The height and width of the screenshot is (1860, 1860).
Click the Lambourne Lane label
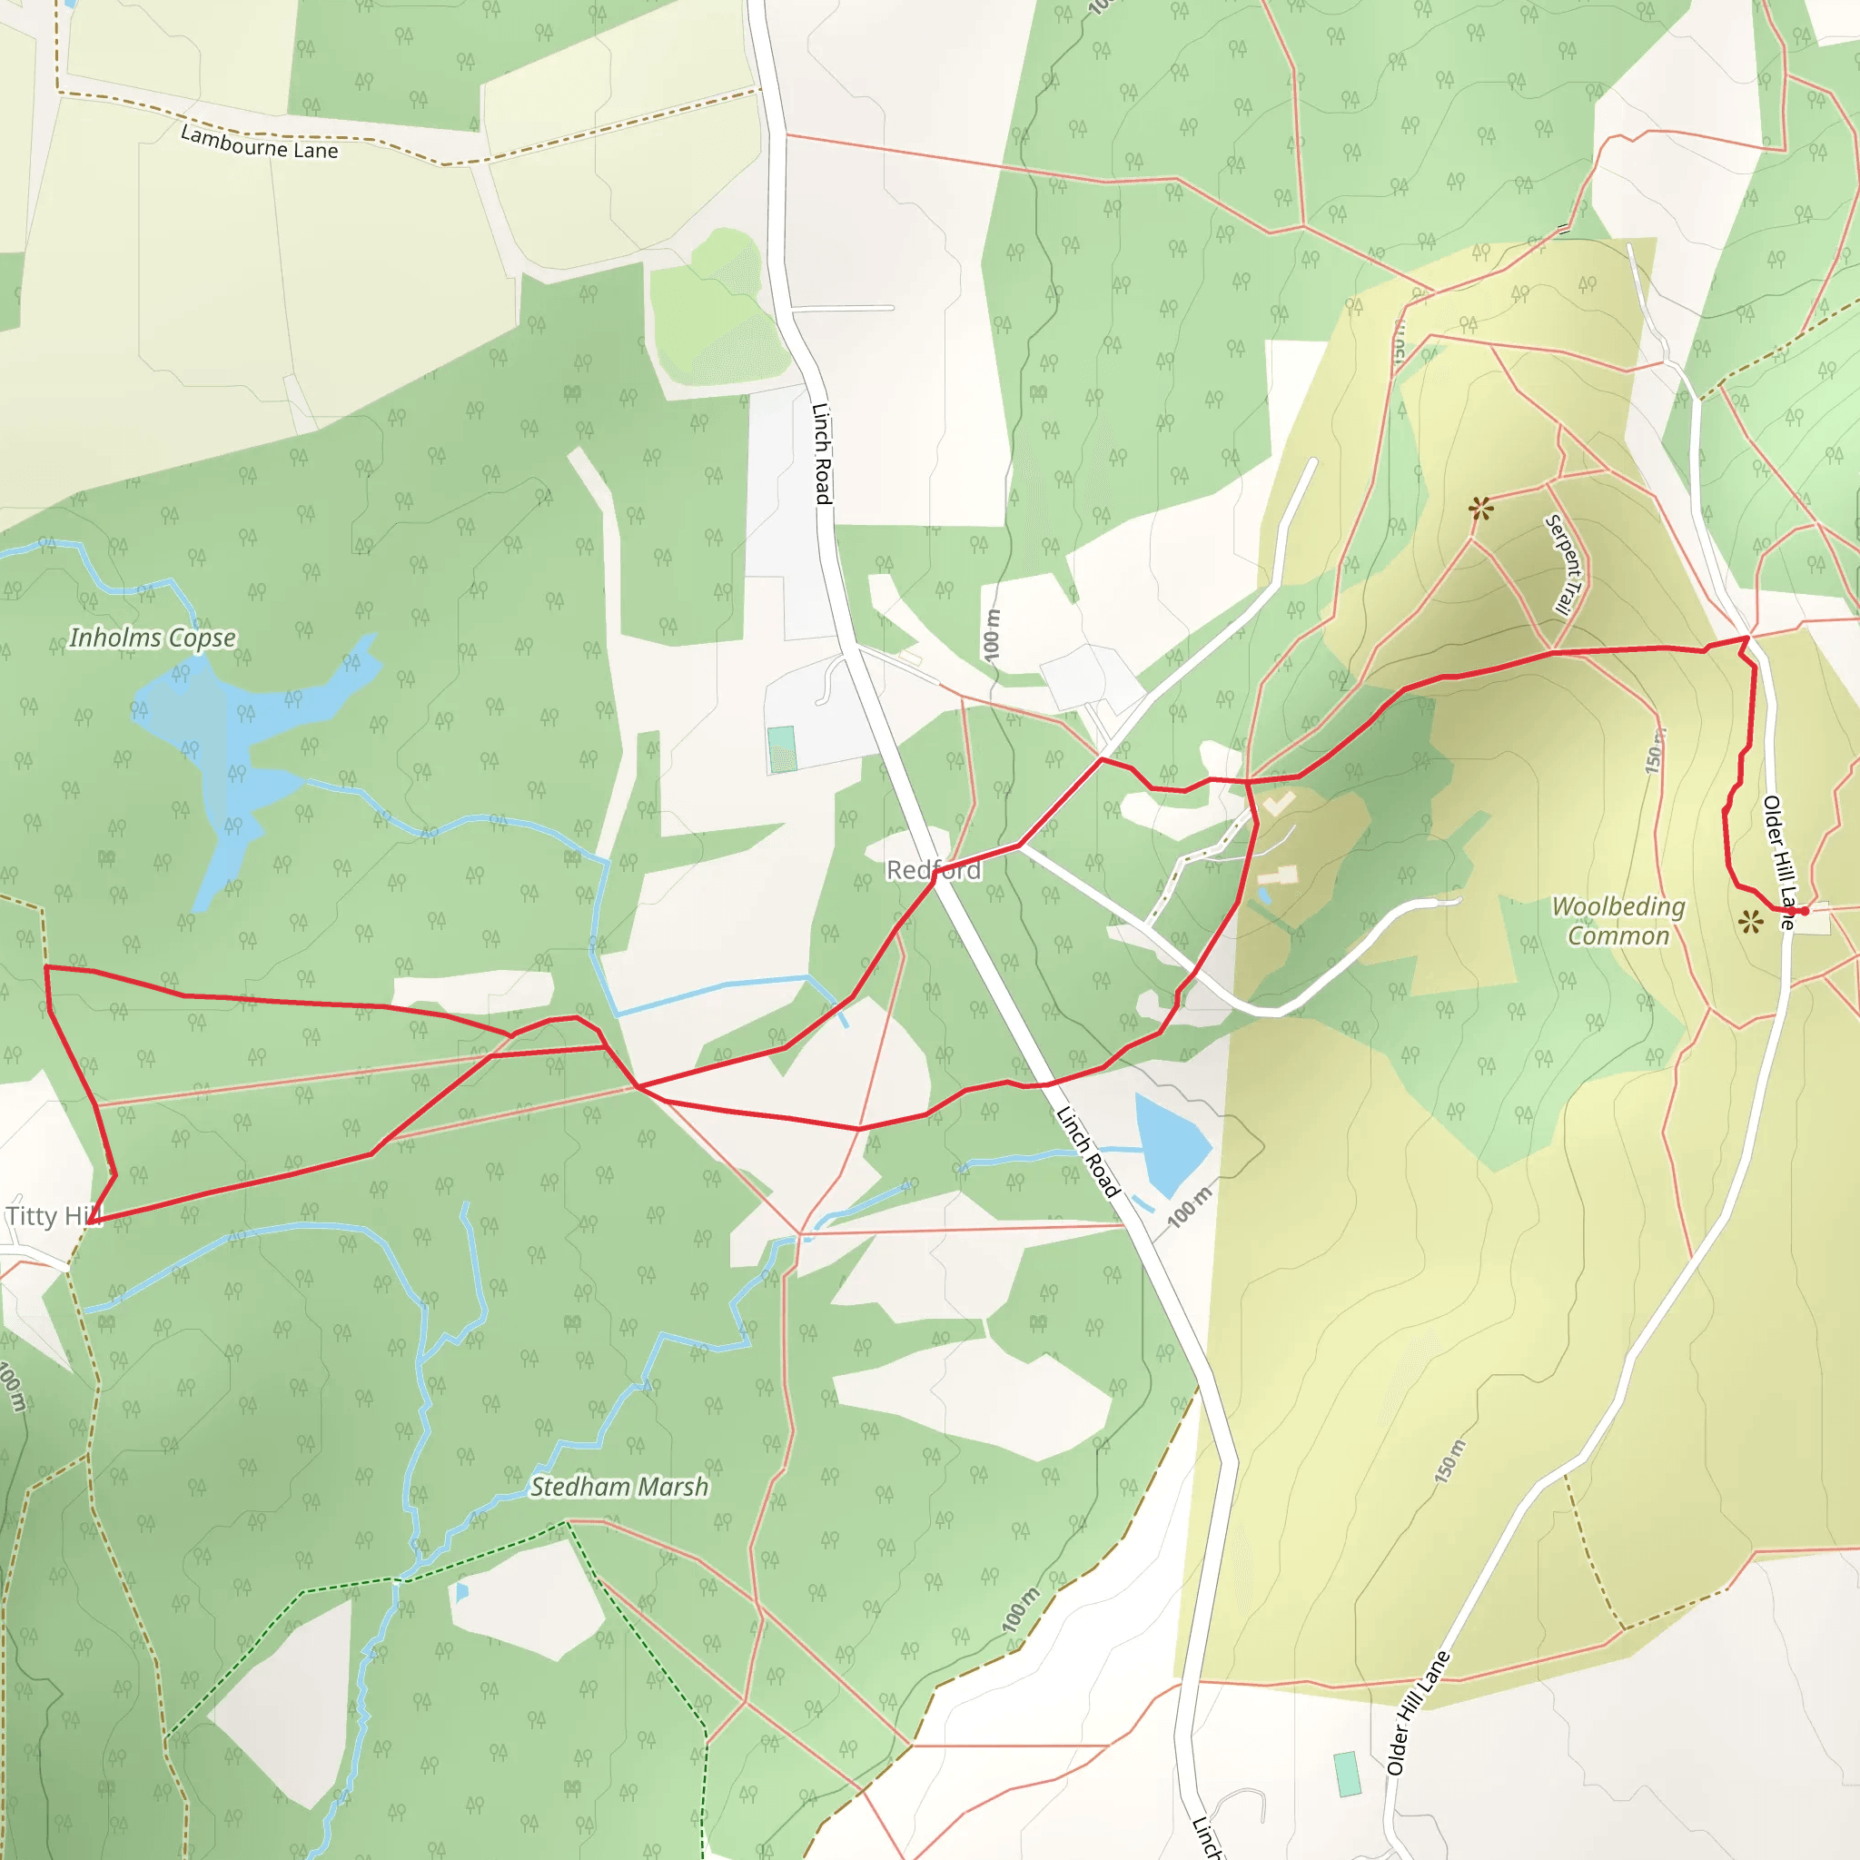259,143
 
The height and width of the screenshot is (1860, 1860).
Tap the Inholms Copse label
152,638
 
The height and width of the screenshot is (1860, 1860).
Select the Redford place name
933,870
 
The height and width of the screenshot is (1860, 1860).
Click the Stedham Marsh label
619,1488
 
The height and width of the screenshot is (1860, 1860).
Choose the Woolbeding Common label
1618,921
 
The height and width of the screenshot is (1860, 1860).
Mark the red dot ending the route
1805,911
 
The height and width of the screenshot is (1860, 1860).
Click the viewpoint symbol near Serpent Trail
1480,509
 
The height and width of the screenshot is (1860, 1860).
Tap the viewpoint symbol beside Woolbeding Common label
1751,924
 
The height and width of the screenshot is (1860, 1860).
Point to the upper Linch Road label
821,452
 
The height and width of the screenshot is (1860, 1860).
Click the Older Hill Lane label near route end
1779,862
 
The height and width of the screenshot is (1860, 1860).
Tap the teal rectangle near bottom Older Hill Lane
1347,1774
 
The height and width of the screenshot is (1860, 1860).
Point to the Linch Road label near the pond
1088,1153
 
